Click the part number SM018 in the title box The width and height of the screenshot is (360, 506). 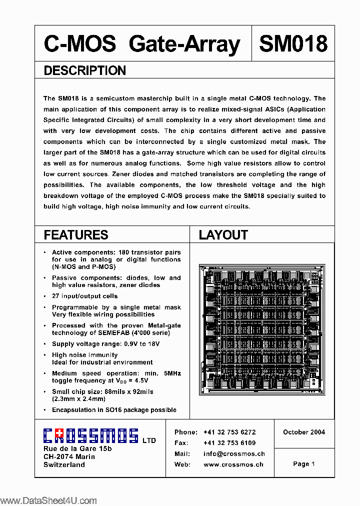click(x=293, y=44)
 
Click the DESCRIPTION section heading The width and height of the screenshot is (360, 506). click(x=84, y=71)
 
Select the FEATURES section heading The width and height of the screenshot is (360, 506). click(x=75, y=235)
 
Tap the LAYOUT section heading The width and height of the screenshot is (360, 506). click(x=223, y=235)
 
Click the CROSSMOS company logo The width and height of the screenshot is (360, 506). click(x=90, y=436)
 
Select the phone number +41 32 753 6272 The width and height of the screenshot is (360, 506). click(x=229, y=432)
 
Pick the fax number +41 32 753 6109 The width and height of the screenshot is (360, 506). click(x=229, y=443)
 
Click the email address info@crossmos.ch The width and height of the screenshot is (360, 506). click(x=234, y=454)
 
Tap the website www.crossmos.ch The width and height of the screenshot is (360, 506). click(x=233, y=464)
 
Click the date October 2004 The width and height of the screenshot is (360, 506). click(x=304, y=432)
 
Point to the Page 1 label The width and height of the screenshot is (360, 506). click(x=304, y=464)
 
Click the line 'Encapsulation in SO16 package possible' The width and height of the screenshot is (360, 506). click(x=114, y=410)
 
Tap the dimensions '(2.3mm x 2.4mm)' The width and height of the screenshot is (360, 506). click(x=78, y=399)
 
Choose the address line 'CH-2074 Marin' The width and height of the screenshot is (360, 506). click(x=69, y=456)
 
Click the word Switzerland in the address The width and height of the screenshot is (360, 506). click(x=64, y=464)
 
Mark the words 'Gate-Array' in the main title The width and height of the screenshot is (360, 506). click(x=184, y=44)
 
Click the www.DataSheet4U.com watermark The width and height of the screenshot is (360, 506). click(x=48, y=501)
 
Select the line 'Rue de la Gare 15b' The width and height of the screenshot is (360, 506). click(x=77, y=449)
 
